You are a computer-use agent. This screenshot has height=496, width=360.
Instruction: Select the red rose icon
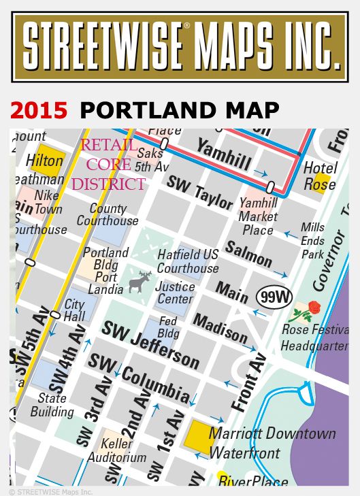[313, 308]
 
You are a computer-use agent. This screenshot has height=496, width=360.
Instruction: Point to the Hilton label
[44, 162]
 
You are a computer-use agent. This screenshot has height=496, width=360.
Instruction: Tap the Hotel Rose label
[320, 176]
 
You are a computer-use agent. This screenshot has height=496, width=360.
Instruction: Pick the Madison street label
[220, 327]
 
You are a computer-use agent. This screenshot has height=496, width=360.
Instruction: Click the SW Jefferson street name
[151, 344]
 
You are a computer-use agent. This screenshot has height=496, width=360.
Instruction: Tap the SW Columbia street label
[140, 379]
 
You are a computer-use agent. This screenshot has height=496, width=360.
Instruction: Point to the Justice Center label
[175, 293]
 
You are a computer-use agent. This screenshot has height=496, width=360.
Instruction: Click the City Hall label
[74, 311]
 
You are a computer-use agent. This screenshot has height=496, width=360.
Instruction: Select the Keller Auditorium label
[116, 450]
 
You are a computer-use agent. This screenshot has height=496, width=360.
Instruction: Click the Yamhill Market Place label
[258, 216]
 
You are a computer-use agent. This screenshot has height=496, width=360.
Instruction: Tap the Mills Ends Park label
[313, 240]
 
